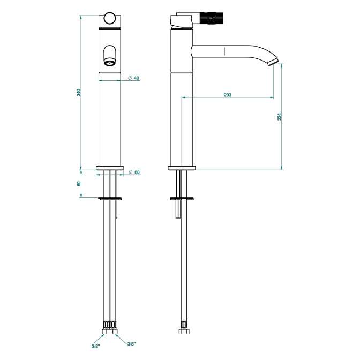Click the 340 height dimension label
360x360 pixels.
pyautogui.click(x=79, y=93)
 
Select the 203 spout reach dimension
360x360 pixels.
pyautogui.click(x=228, y=95)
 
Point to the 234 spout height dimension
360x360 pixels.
pyautogui.click(x=280, y=117)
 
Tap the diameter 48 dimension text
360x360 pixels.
pyautogui.click(x=137, y=78)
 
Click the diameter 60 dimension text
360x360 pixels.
pyautogui.click(x=137, y=172)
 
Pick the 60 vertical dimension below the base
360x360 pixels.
pyautogui.click(x=79, y=184)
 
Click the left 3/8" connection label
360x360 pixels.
pyautogui.click(x=96, y=346)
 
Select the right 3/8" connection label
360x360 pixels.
pyautogui.click(x=132, y=343)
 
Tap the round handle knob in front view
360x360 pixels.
pyautogui.click(x=109, y=18)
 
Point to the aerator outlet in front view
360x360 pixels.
pyautogui.click(x=110, y=62)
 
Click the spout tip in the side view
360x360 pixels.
pyautogui.click(x=273, y=62)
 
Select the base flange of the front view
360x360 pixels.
pyautogui.click(x=110, y=168)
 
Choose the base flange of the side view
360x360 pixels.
pyautogui.click(x=182, y=168)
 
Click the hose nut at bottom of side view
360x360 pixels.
pyautogui.click(x=184, y=331)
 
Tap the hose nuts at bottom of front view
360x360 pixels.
pyautogui.click(x=110, y=331)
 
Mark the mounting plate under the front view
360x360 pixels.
pyautogui.click(x=110, y=198)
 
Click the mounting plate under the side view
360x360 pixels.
pyautogui.click(x=182, y=198)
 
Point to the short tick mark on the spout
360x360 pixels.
pyautogui.click(x=224, y=51)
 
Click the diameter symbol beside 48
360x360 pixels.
pyautogui.click(x=130, y=78)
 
